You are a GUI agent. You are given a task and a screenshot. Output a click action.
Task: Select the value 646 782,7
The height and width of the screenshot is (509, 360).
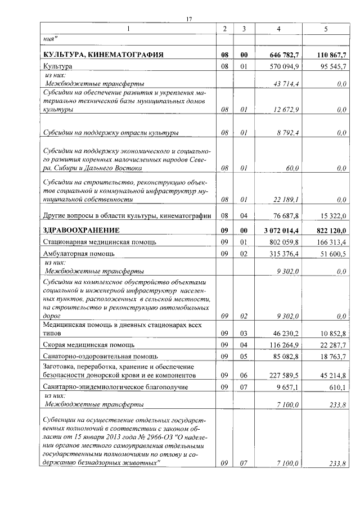pyautogui.click(x=285, y=55)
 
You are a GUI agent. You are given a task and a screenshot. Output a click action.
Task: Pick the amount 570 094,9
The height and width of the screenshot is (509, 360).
pyautogui.click(x=286, y=66)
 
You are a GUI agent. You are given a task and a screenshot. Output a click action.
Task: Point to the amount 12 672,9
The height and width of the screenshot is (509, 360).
pyautogui.click(x=286, y=110)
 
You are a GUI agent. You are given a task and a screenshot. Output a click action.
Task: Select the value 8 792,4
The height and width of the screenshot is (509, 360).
pyautogui.click(x=288, y=133)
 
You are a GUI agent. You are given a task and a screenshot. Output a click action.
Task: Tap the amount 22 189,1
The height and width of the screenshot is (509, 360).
pyautogui.click(x=286, y=200)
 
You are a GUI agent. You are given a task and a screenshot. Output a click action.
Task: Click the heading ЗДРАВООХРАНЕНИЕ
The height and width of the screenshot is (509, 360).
pyautogui.click(x=81, y=230)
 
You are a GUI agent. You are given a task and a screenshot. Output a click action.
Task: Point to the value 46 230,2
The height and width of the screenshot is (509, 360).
pyautogui.click(x=286, y=334)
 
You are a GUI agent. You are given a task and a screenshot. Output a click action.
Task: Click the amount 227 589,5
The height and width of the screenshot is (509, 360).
pyautogui.click(x=285, y=375)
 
